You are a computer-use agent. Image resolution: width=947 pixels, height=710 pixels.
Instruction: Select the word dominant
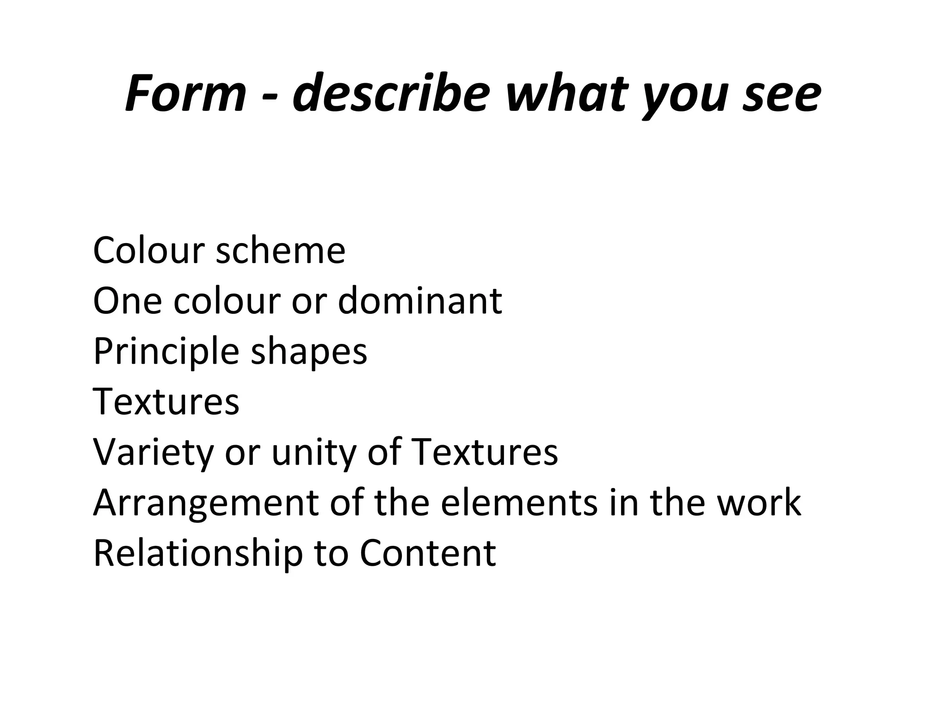coord(420,301)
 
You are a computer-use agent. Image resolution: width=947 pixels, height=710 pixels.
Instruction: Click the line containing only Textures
coord(166,401)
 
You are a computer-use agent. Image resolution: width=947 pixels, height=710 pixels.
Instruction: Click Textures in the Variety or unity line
coord(484,452)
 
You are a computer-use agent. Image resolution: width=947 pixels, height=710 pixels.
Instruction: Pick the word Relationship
coord(198,553)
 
